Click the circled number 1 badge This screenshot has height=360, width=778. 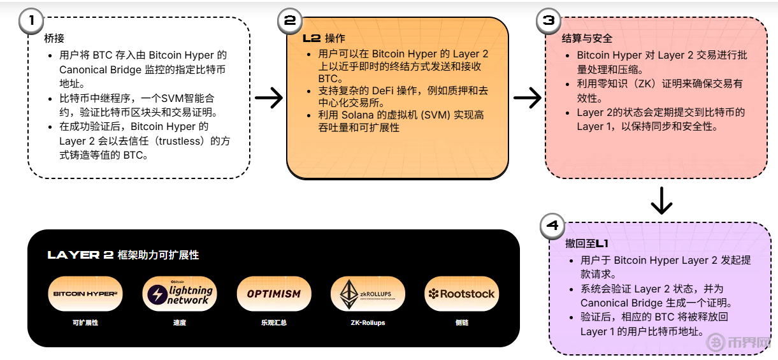(x=29, y=21)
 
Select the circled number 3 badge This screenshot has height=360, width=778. (x=548, y=21)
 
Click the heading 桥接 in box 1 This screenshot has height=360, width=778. (x=54, y=38)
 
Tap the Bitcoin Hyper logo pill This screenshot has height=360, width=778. (x=85, y=294)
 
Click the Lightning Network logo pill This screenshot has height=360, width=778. (x=180, y=294)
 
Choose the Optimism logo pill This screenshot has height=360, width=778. (x=273, y=294)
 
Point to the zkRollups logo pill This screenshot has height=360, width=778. (x=368, y=294)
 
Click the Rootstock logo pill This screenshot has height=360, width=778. (x=462, y=294)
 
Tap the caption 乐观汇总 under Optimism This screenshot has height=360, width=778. (x=273, y=323)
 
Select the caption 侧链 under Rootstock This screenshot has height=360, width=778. (x=462, y=323)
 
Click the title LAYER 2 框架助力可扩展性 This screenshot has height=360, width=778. (x=123, y=255)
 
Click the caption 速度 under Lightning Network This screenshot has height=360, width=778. (x=180, y=323)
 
